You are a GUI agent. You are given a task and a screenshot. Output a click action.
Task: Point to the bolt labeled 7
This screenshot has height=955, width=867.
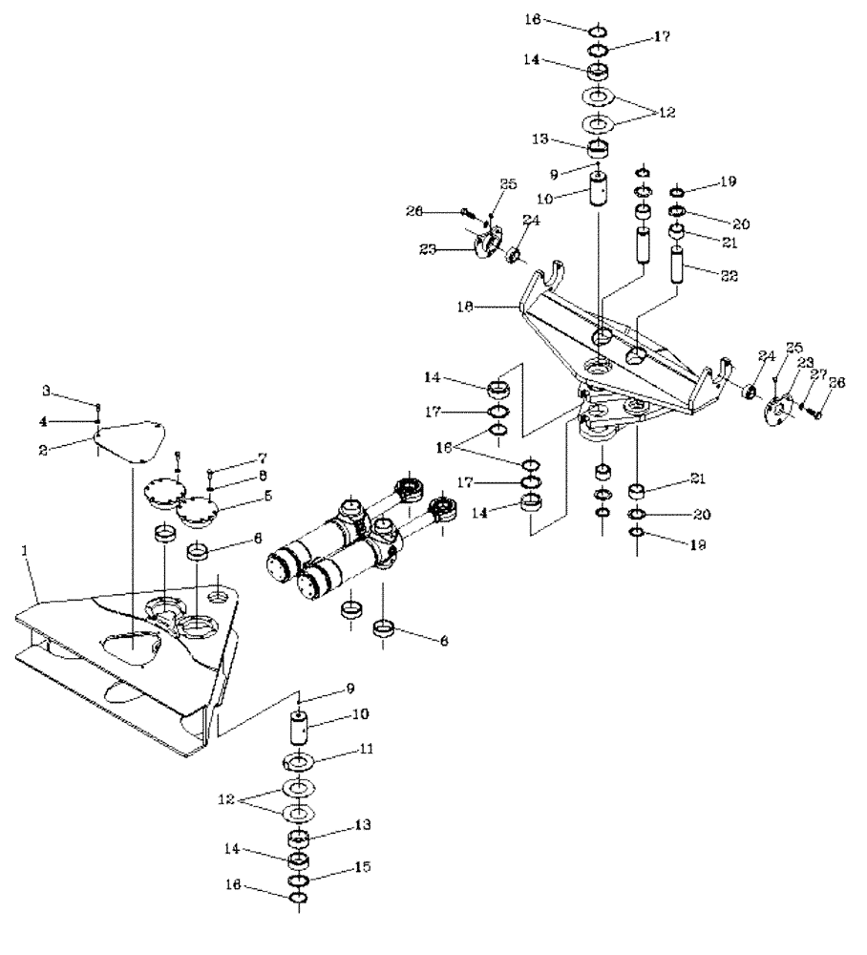click(209, 470)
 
